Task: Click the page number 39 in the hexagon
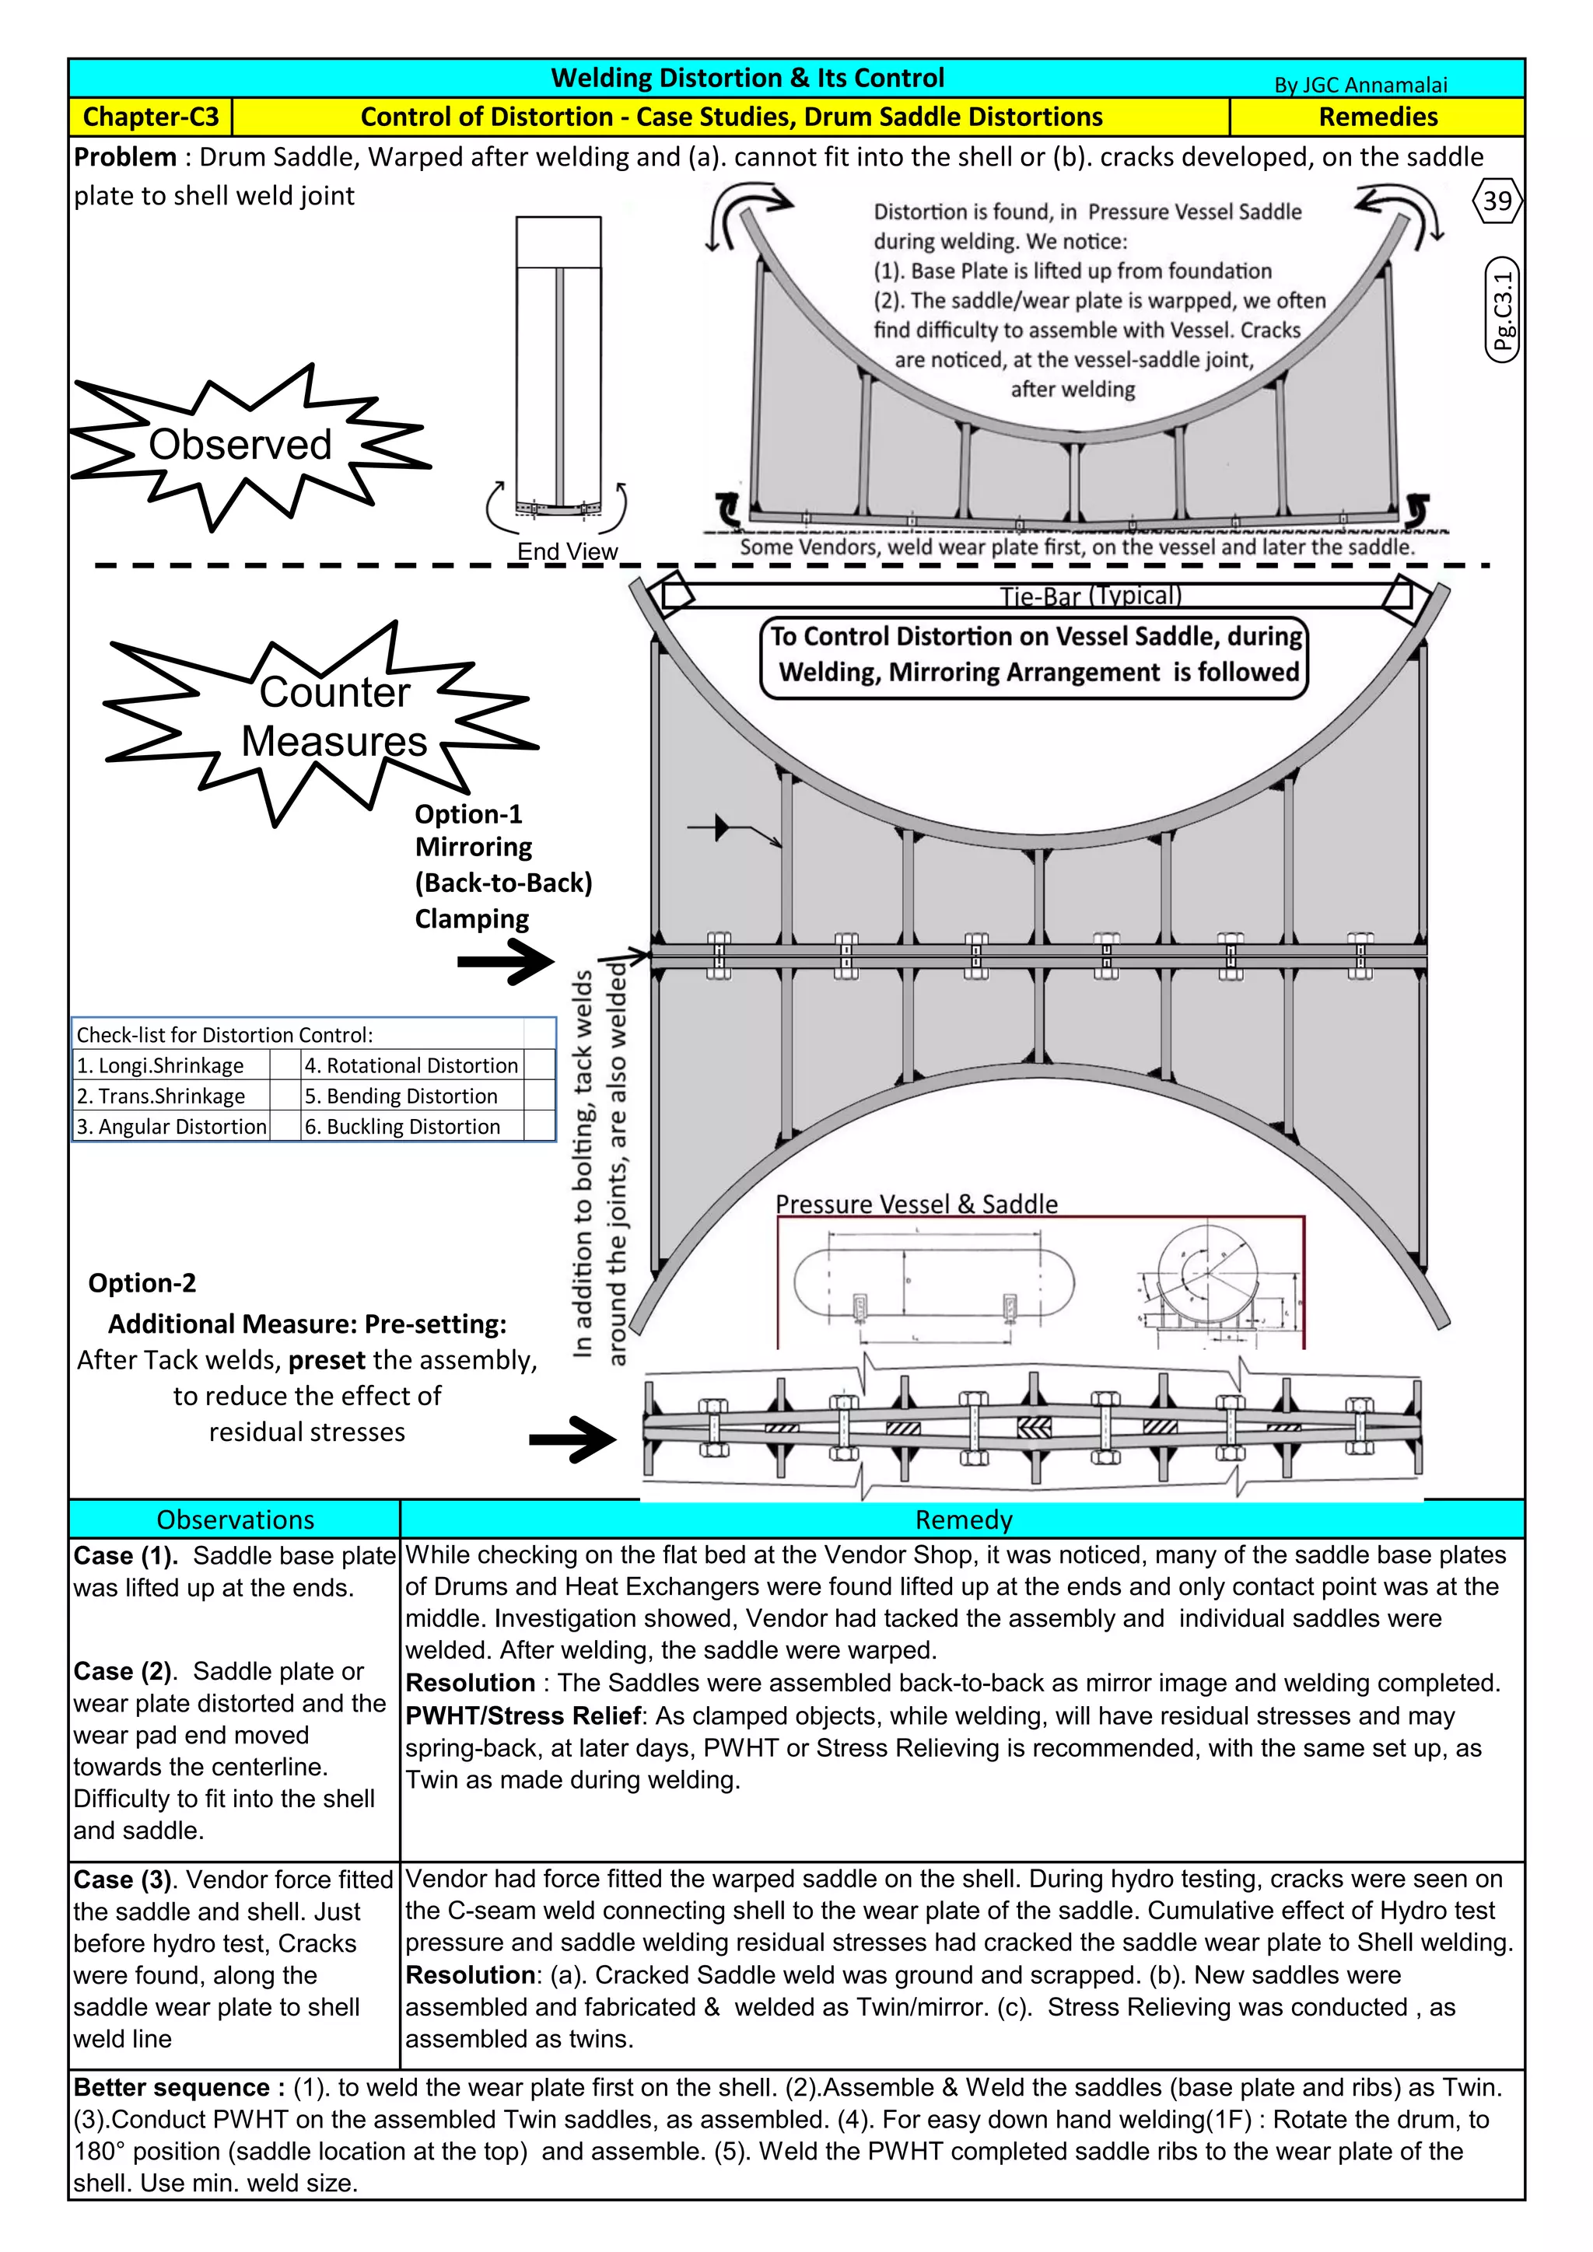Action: pyautogui.click(x=1497, y=201)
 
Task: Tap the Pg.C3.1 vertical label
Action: pyautogui.click(x=1502, y=310)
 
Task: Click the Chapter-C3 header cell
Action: pyautogui.click(x=150, y=117)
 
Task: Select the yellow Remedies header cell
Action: pyautogui.click(x=1378, y=117)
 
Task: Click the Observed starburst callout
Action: pyautogui.click(x=240, y=444)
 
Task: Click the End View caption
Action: pyautogui.click(x=567, y=551)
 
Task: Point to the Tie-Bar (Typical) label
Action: pyautogui.click(x=1090, y=596)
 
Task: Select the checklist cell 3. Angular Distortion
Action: pyautogui.click(x=172, y=1126)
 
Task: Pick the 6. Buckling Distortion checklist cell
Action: pyautogui.click(x=402, y=1126)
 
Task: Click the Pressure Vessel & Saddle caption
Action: pyautogui.click(x=916, y=1204)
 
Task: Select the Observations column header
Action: pyautogui.click(x=236, y=1519)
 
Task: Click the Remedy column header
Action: pyautogui.click(x=962, y=1519)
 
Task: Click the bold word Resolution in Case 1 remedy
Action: pyautogui.click(x=470, y=1683)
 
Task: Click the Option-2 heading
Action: pyautogui.click(x=142, y=1283)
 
